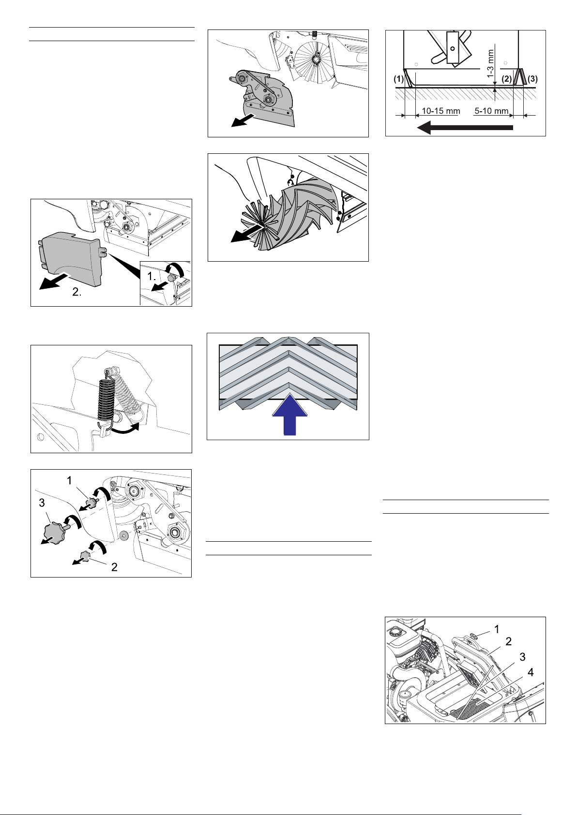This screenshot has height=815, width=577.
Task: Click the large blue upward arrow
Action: (x=289, y=415)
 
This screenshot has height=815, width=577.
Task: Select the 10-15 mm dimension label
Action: (x=440, y=111)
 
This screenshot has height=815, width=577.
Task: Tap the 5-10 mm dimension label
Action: (x=491, y=111)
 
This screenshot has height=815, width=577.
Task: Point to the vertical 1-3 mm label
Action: (x=491, y=63)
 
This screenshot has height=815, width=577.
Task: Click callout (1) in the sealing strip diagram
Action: (x=398, y=78)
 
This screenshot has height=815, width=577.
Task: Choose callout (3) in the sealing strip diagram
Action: (x=532, y=78)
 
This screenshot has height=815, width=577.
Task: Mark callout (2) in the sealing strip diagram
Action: (x=506, y=78)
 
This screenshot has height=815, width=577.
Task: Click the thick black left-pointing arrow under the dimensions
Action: (x=465, y=128)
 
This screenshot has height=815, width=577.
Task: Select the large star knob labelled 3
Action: (x=53, y=533)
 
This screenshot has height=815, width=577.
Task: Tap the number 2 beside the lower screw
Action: (x=114, y=567)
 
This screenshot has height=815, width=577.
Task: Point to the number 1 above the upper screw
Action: (x=69, y=481)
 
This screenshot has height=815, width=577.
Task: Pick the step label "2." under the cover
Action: (x=76, y=292)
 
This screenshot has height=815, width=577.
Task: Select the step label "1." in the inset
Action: (x=152, y=277)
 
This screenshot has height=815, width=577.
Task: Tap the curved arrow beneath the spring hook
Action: (x=125, y=430)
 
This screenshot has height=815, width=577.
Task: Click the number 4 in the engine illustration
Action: (x=531, y=672)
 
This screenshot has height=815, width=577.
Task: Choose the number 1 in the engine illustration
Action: (x=497, y=629)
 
